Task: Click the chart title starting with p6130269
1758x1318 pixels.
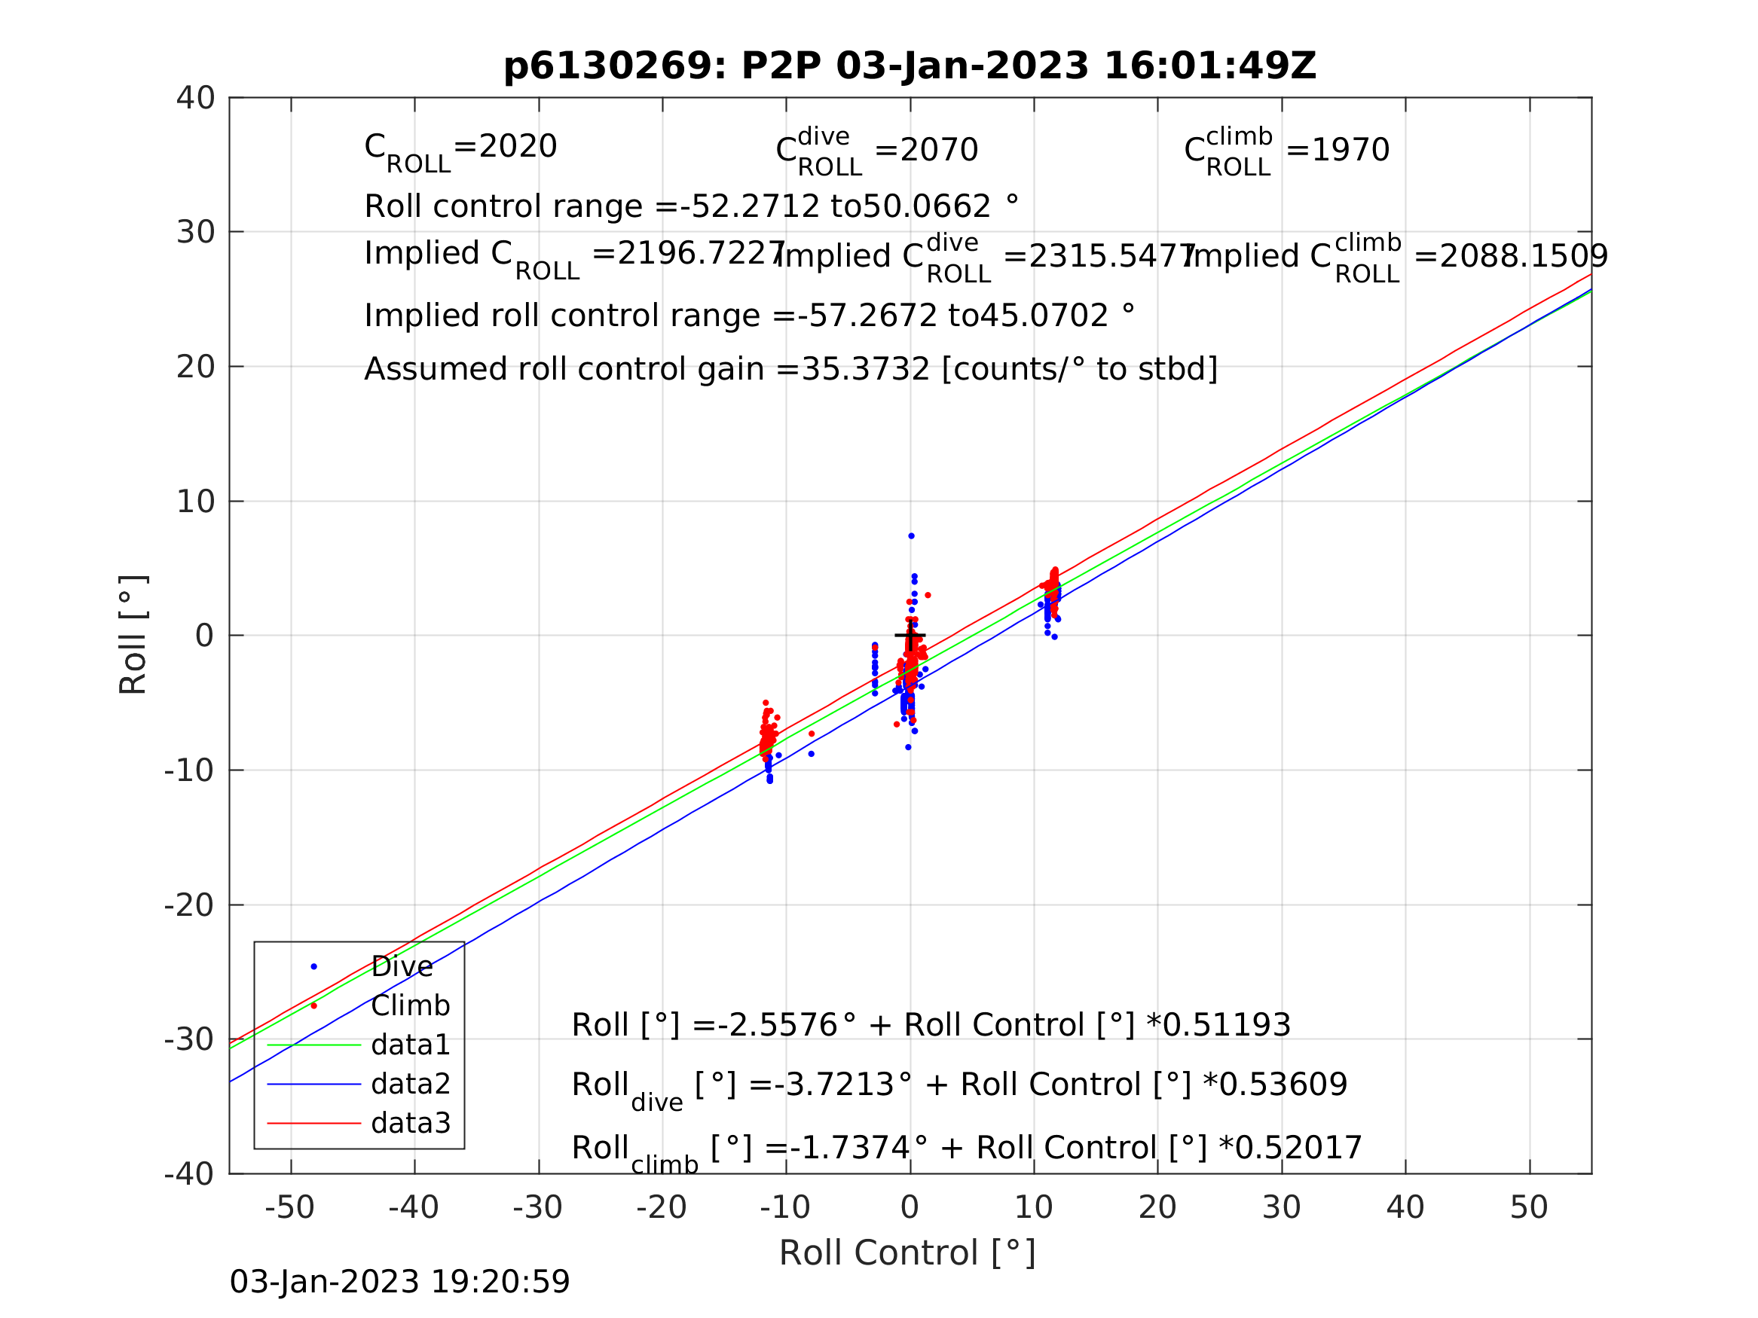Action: tap(910, 66)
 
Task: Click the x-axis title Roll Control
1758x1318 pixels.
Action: tap(907, 1254)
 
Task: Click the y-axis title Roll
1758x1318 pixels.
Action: tap(133, 635)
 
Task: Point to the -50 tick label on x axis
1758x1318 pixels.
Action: tap(289, 1208)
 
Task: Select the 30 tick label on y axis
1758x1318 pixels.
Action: tap(195, 233)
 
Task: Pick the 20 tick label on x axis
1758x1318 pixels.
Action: tap(1157, 1208)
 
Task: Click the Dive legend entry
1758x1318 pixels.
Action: tap(402, 967)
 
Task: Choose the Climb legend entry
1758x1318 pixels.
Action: tap(410, 1005)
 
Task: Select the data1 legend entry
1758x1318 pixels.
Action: tap(410, 1045)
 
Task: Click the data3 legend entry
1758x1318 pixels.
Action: tap(410, 1124)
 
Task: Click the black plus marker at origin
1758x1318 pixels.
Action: tap(910, 636)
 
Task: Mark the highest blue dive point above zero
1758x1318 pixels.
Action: tap(912, 536)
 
